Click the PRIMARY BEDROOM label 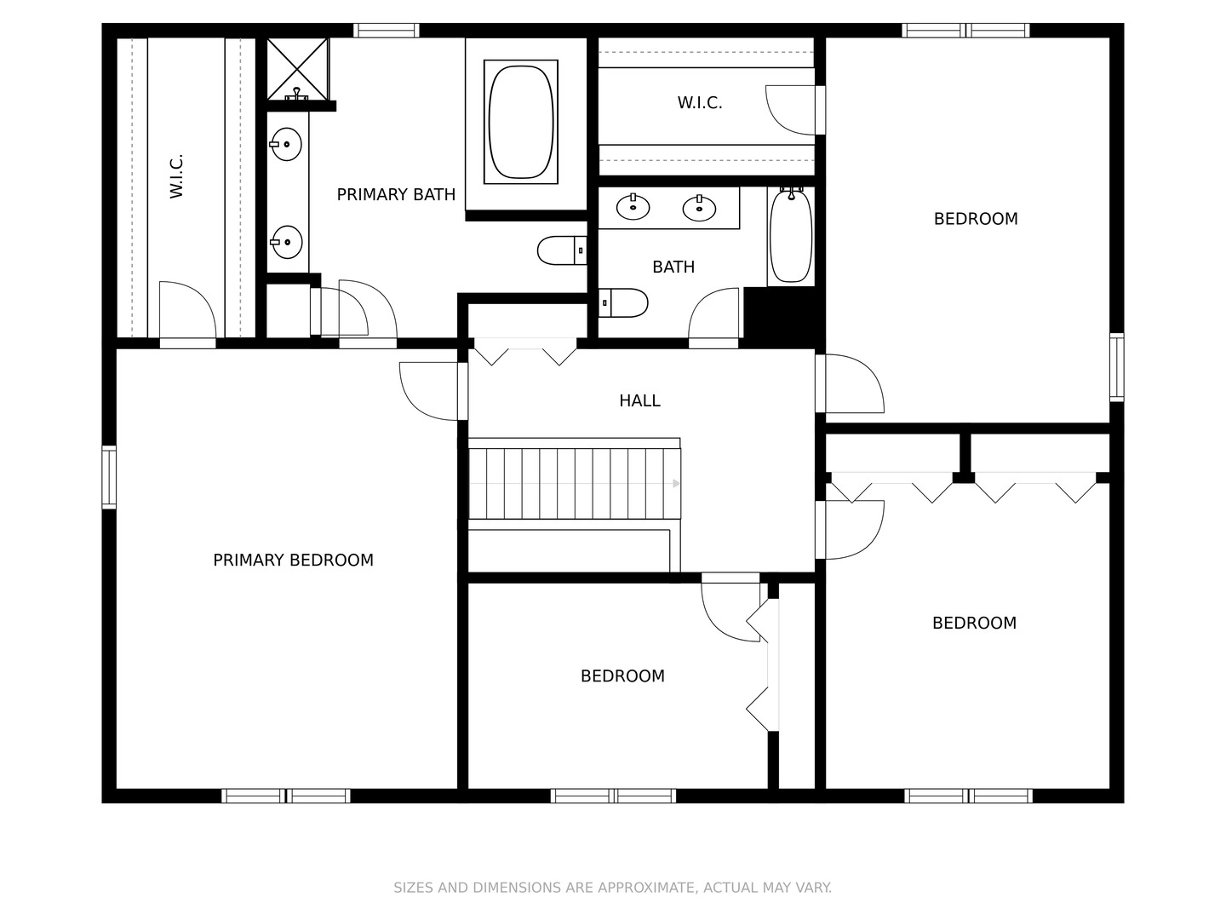pos(293,560)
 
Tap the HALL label pos(639,400)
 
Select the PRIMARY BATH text pos(396,194)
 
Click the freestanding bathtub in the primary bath pos(520,122)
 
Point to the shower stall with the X pos(297,69)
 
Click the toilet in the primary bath pos(562,250)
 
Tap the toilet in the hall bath pos(622,302)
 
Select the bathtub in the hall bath pos(790,236)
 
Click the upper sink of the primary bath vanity pos(286,144)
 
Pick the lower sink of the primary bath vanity pos(287,242)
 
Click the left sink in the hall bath pos(633,208)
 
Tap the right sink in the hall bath pos(699,209)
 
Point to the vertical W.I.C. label pos(176,176)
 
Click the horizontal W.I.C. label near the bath pos(700,103)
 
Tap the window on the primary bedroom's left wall pos(109,478)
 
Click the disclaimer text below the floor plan pos(613,888)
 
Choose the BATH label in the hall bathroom pos(673,267)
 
